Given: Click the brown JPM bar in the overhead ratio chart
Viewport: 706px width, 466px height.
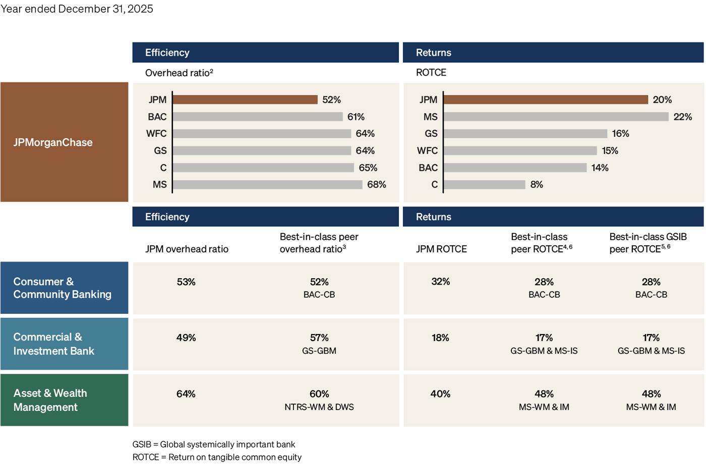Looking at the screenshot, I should pos(245,100).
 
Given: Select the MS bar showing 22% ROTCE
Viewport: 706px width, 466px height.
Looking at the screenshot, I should pos(556,117).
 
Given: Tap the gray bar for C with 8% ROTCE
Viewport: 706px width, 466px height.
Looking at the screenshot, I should pos(485,185).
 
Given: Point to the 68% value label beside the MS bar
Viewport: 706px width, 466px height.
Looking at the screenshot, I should pos(376,185).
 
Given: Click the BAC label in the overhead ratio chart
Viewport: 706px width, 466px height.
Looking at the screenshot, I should pos(157,117).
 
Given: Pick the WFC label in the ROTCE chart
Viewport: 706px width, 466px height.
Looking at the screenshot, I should pos(427,151).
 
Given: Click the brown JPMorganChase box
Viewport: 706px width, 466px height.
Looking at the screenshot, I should pos(64,142).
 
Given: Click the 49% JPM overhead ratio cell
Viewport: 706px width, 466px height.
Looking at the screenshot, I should pos(186,338).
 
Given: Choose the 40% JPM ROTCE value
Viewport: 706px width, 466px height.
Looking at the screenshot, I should pos(440,394).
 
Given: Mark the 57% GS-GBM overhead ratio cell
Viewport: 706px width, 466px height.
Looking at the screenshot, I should pos(319,338).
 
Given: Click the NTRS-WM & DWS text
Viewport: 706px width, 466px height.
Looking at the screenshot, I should pos(319,407).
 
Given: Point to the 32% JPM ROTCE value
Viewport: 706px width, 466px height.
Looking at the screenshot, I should pos(440,282).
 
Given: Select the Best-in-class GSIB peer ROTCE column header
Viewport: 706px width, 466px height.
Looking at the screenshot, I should pos(648,243).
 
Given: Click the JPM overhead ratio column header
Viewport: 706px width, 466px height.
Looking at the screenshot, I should pos(187,249).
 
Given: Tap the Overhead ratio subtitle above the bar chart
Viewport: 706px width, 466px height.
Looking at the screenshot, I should pos(179,73).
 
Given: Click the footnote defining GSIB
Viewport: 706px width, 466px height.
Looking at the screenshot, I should pos(214,444).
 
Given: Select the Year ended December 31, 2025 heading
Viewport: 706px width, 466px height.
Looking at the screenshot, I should pos(77,9).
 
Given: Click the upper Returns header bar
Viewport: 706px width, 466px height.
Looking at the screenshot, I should pos(553,52).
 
